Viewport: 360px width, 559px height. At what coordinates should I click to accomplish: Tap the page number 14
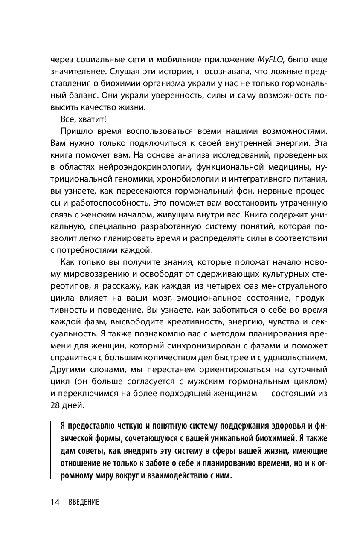point(55,502)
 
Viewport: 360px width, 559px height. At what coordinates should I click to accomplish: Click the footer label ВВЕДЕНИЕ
point(84,503)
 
